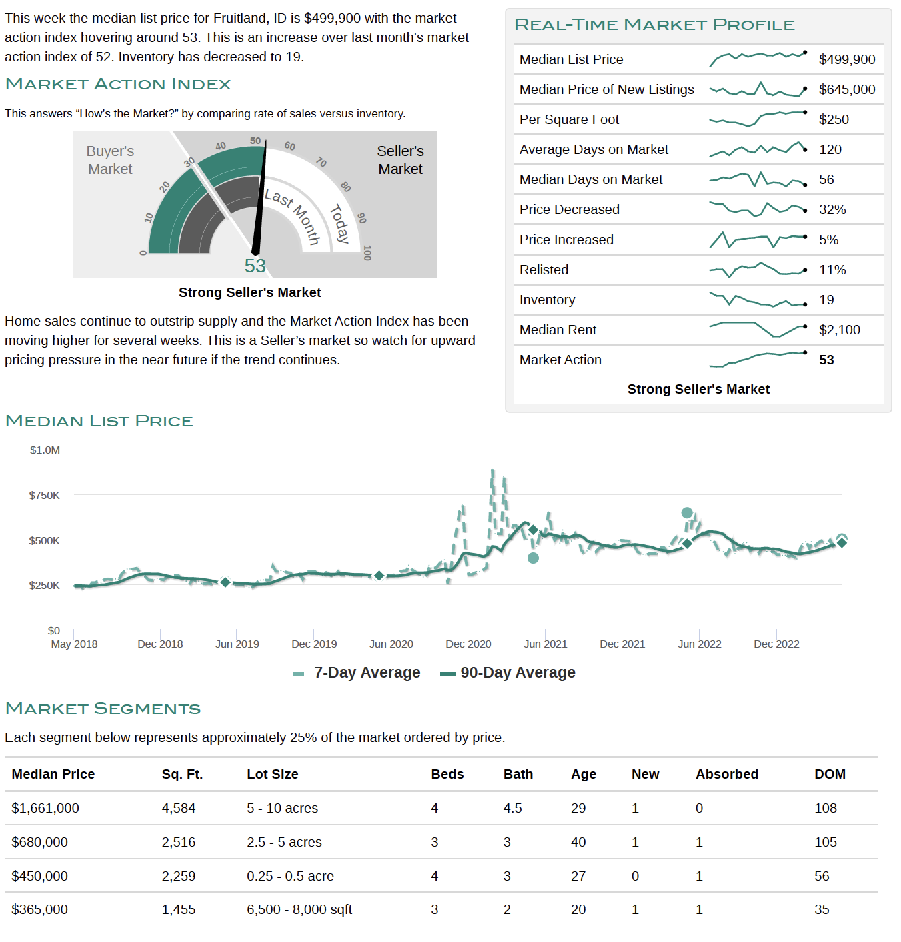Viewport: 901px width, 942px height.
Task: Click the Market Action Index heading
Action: (118, 84)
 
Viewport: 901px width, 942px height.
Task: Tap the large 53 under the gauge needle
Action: (255, 266)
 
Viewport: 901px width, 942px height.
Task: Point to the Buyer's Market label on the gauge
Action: (110, 160)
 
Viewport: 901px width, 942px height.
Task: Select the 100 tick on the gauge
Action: (367, 253)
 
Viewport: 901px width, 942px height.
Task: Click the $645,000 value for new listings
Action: (847, 89)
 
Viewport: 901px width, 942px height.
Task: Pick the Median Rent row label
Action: (558, 330)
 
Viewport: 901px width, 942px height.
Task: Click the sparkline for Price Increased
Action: (758, 240)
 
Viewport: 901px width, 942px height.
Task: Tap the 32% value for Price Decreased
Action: (832, 209)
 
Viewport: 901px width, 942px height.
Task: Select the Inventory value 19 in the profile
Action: (826, 300)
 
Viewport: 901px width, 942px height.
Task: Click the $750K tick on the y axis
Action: (45, 495)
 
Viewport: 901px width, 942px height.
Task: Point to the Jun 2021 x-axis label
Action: (545, 644)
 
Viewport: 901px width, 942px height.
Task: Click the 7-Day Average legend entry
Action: (357, 673)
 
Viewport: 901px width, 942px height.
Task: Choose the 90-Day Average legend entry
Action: (508, 673)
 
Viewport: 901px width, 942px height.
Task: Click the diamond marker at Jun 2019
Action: (225, 582)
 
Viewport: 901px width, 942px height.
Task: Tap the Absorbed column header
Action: (727, 774)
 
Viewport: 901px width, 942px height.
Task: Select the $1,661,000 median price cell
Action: (45, 808)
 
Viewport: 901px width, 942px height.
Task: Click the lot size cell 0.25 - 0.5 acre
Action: (290, 876)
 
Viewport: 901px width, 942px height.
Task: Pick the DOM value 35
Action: (822, 909)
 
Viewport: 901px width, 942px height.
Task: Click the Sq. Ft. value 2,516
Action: (179, 842)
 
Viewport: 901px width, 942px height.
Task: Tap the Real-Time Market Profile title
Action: (654, 25)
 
